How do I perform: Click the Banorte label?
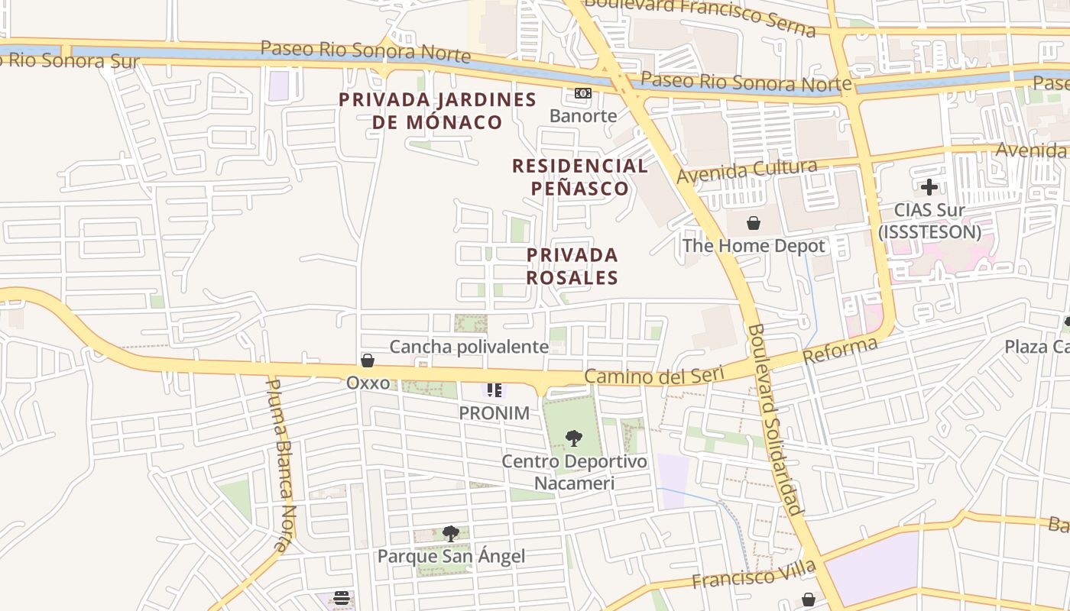pos(583,115)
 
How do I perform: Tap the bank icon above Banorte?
pos(583,93)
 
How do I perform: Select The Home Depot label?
pos(754,246)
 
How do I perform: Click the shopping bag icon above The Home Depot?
pos(754,223)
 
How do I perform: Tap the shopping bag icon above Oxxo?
pos(368,360)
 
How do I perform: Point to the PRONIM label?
pos(494,413)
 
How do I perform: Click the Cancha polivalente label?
pos(469,347)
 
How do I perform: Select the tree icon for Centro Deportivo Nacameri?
pos(573,438)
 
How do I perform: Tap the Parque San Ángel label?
pos(451,556)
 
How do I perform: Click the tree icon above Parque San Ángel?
pos(451,533)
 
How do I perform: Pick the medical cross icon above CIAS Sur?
pos(929,186)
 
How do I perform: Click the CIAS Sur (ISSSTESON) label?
pos(929,220)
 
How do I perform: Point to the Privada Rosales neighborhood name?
pos(572,266)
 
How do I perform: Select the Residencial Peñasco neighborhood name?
pos(579,176)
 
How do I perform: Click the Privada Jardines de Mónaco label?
pos(437,111)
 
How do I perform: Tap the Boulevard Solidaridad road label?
pos(776,420)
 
